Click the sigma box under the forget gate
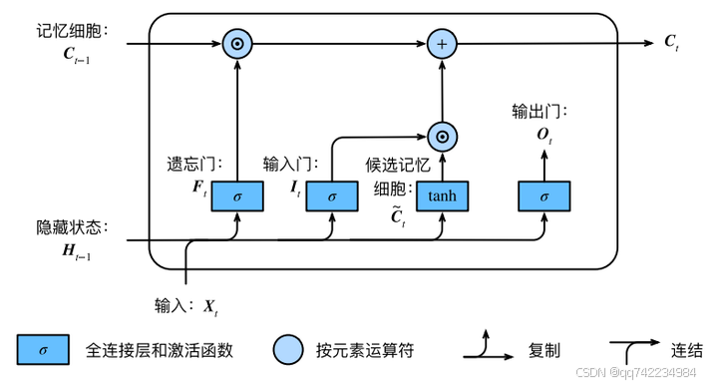(x=237, y=196)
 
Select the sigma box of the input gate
(x=333, y=196)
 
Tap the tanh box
(x=442, y=196)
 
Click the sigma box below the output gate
(x=543, y=196)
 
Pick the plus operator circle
(x=441, y=44)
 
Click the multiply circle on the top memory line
(x=237, y=44)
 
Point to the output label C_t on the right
(x=672, y=43)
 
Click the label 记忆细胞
(x=71, y=31)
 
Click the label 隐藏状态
(x=71, y=227)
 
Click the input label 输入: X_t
(x=185, y=306)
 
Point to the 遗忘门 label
(x=193, y=163)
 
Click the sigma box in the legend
(x=42, y=349)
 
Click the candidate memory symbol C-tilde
(x=396, y=214)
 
